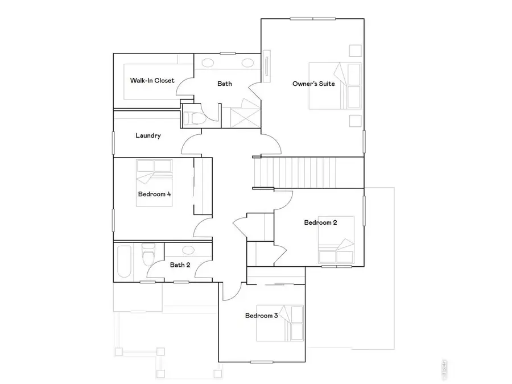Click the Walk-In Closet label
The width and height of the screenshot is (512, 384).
[x=152, y=81]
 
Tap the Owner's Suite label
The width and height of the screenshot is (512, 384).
[x=313, y=84]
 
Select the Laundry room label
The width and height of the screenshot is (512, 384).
[x=148, y=136]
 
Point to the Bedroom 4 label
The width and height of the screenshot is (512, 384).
[x=154, y=194]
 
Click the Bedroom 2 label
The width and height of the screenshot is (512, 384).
[x=320, y=222]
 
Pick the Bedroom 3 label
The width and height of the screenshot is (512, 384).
[x=261, y=316]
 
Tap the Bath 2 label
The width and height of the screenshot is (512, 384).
[x=180, y=265]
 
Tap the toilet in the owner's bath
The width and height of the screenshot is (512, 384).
[x=191, y=118]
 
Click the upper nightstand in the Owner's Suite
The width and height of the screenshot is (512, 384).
[x=354, y=50]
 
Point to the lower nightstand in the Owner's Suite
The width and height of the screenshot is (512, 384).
[x=354, y=120]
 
